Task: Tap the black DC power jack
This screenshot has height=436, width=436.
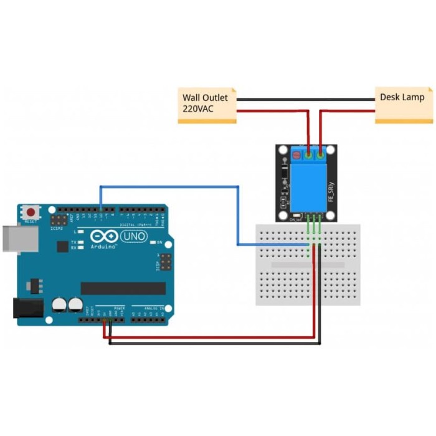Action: click(28, 309)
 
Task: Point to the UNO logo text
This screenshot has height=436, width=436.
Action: click(133, 237)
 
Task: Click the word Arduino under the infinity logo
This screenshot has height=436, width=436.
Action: click(104, 247)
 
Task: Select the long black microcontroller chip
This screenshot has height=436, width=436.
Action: click(123, 288)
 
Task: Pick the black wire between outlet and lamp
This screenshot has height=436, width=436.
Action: click(305, 99)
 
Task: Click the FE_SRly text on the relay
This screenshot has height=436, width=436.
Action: click(331, 190)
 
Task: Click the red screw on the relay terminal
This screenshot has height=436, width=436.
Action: click(293, 151)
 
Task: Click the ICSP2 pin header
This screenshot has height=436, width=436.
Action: click(59, 221)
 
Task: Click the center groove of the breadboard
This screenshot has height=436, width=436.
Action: click(308, 265)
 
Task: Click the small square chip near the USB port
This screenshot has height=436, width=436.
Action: click(62, 247)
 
